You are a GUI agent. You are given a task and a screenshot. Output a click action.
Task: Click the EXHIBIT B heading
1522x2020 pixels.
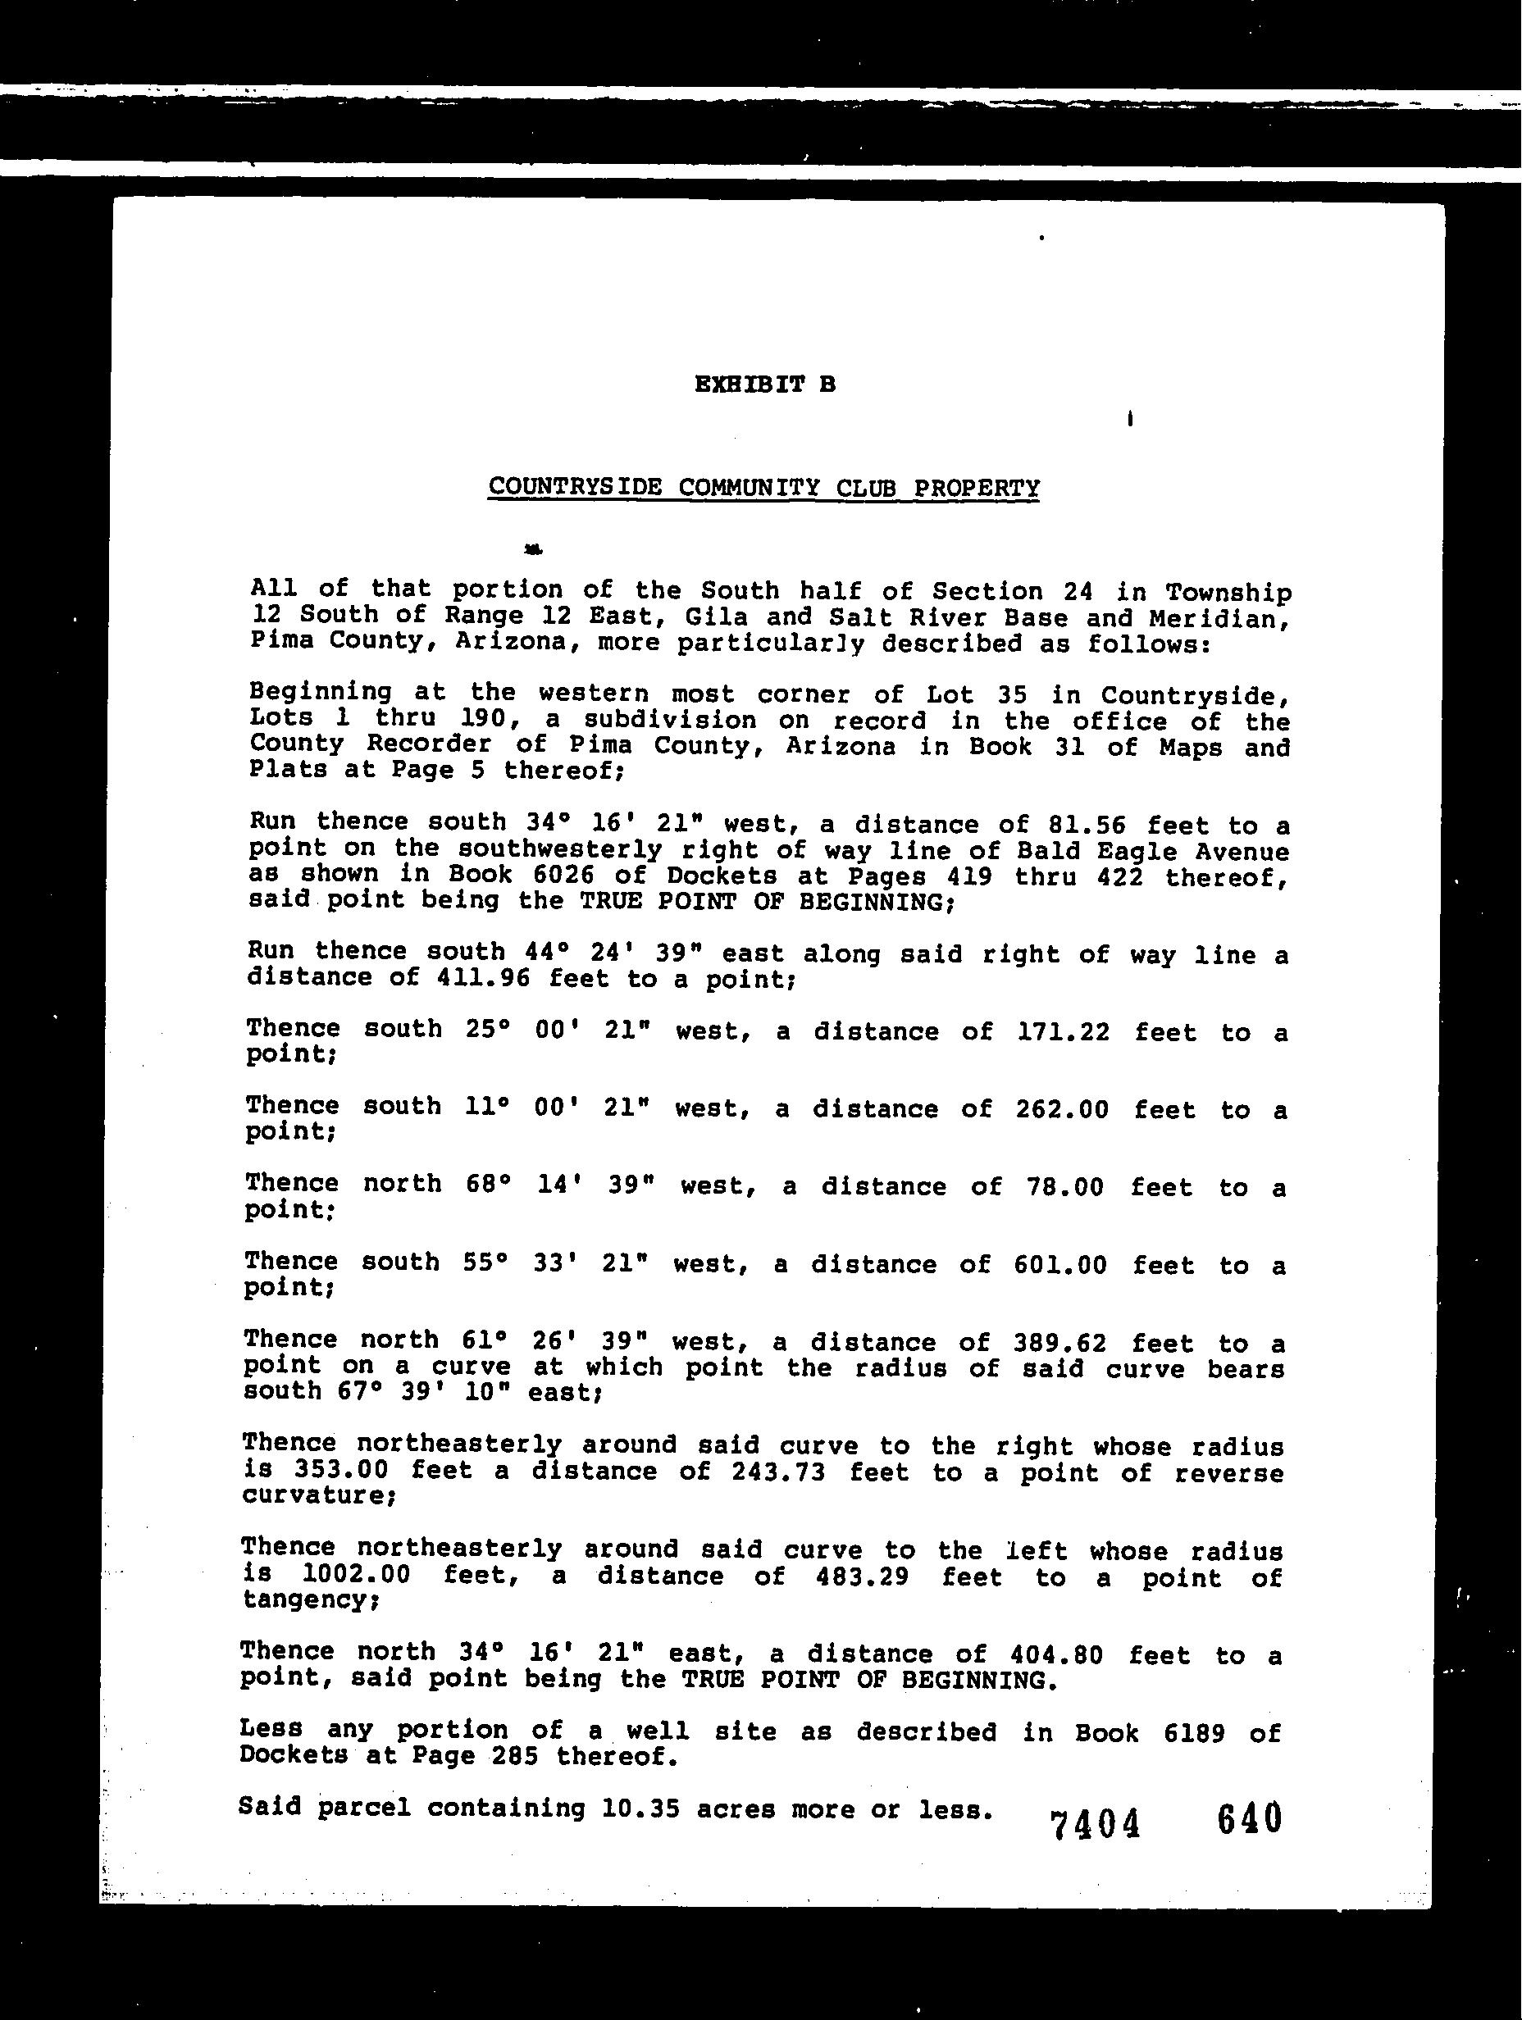pyautogui.click(x=763, y=384)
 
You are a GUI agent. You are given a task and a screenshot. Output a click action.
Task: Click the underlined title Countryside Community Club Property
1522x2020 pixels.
pyautogui.click(x=763, y=487)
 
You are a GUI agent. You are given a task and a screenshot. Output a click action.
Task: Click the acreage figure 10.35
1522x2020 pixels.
pyautogui.click(x=640, y=1808)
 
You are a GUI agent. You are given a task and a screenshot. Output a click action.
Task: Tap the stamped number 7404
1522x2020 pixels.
pyautogui.click(x=1096, y=1825)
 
